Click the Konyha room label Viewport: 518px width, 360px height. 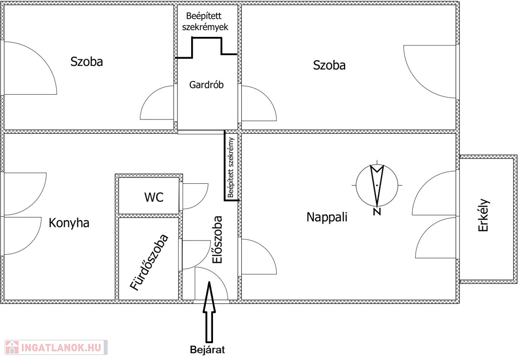[x=69, y=223]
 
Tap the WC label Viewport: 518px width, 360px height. [x=154, y=197]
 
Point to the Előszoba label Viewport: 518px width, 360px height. [x=218, y=239]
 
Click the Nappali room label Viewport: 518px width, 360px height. [x=327, y=217]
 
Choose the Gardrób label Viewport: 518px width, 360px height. [x=206, y=85]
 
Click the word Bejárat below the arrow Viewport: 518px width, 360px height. [x=207, y=350]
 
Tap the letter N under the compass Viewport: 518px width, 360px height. [x=377, y=212]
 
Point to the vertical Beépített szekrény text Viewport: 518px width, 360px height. [x=231, y=167]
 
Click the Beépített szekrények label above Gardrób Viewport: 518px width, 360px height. [x=206, y=22]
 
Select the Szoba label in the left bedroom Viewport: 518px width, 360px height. [x=87, y=62]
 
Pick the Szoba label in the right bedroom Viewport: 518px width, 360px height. [x=329, y=65]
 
